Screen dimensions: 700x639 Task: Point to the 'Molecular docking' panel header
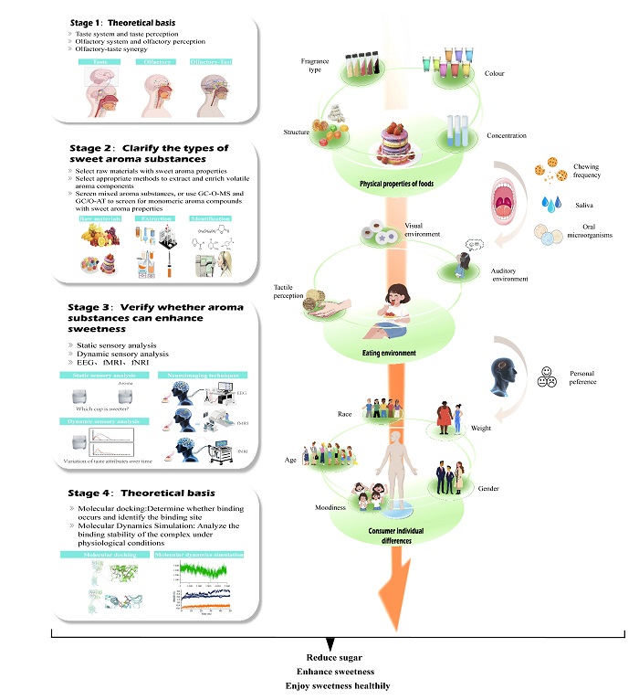(x=100, y=555)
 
